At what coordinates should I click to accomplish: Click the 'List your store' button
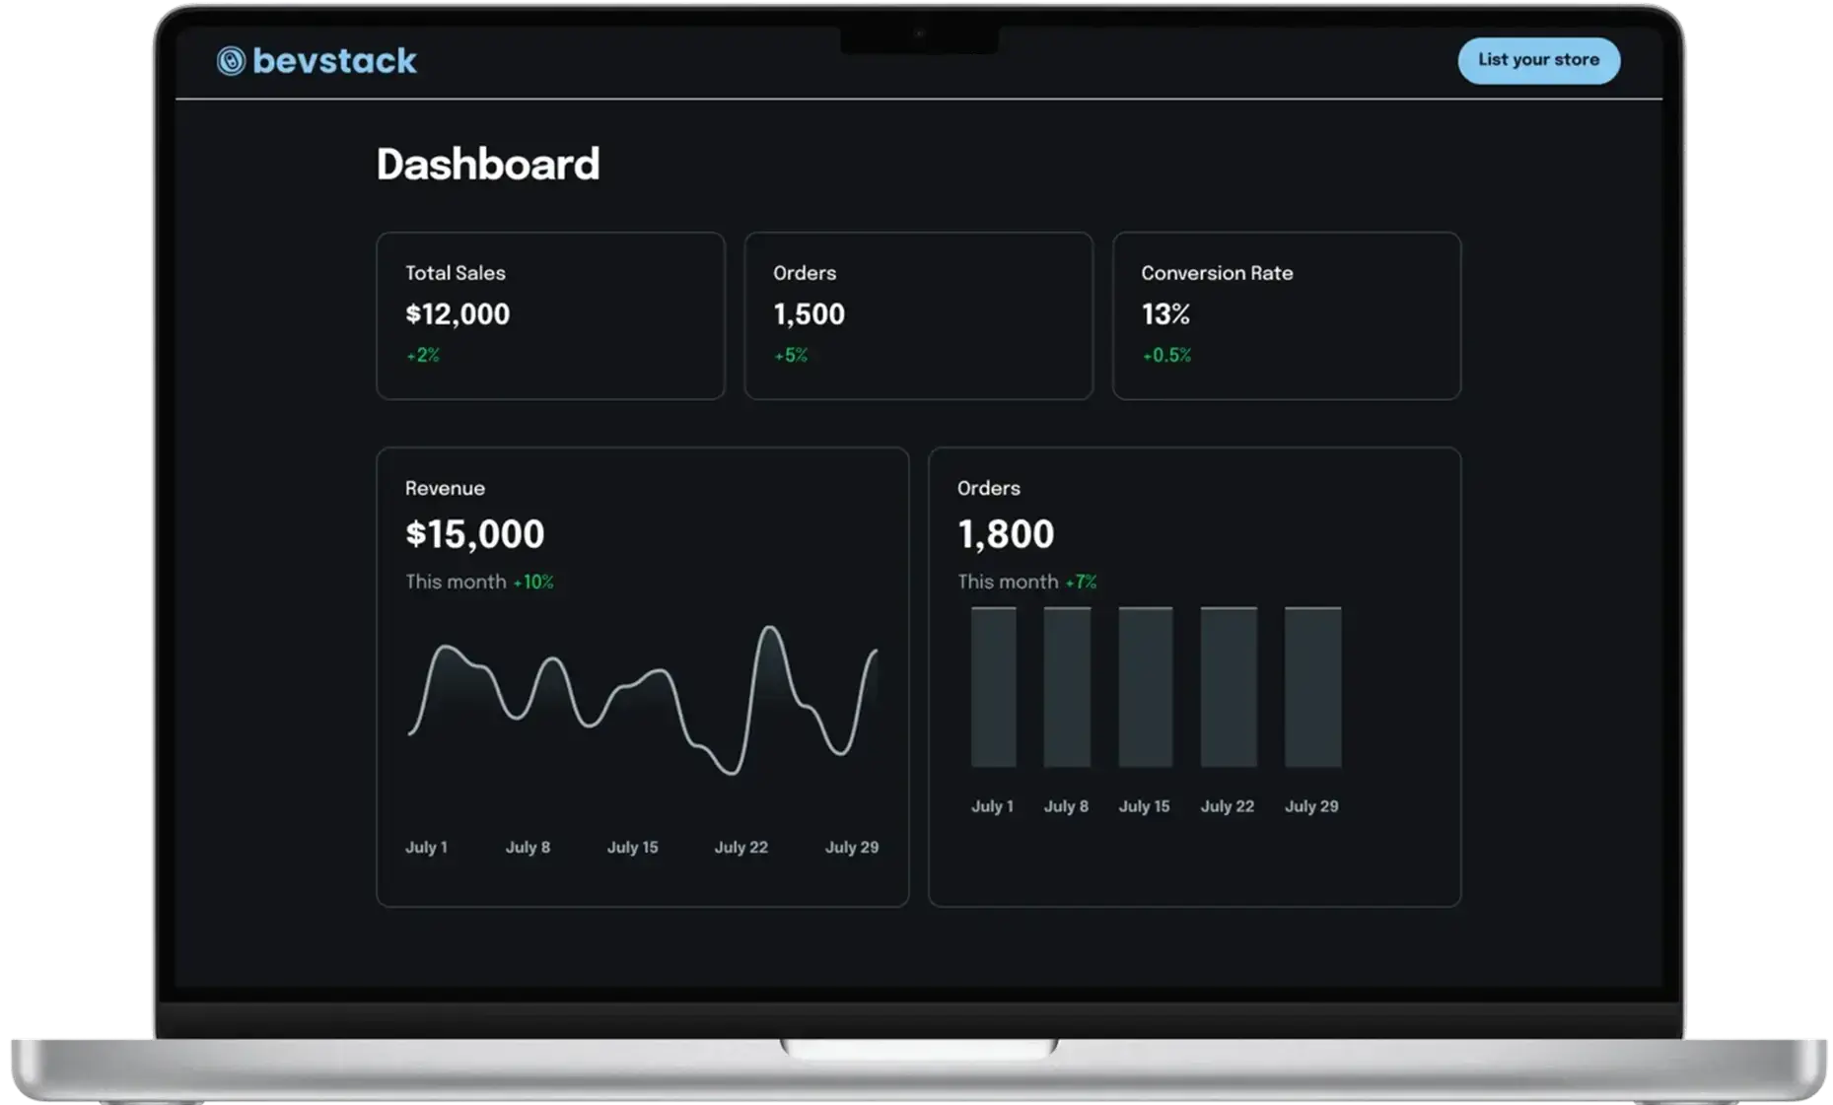click(x=1538, y=60)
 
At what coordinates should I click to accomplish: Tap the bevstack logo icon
click(x=231, y=61)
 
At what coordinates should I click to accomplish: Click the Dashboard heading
click(x=488, y=164)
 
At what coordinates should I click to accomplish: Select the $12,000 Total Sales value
click(x=458, y=314)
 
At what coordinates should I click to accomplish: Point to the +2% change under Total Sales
click(x=423, y=355)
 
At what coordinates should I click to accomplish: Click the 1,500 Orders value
click(x=809, y=314)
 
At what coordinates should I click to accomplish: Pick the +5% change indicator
click(x=791, y=355)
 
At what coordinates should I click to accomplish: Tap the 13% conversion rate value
click(x=1165, y=314)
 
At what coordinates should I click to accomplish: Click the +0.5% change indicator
click(x=1166, y=355)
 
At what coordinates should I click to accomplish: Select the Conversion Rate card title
click(x=1217, y=273)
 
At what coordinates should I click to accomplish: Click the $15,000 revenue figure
click(x=474, y=534)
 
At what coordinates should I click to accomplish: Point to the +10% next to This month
click(x=533, y=582)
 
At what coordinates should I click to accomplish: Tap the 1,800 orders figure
click(x=1006, y=534)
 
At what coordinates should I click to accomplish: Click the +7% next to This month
click(x=1081, y=582)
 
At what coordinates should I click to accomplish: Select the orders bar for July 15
click(x=1145, y=687)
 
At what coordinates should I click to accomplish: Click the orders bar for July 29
click(x=1312, y=687)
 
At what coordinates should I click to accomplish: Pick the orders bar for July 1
click(x=993, y=687)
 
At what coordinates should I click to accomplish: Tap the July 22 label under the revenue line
click(x=740, y=847)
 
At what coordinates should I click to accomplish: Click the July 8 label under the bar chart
click(x=1066, y=806)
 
